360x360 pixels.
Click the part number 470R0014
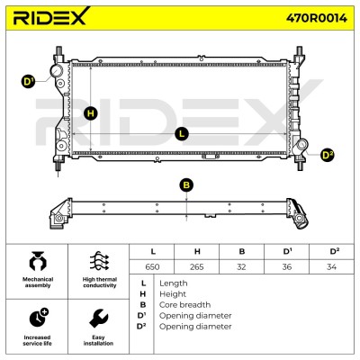point(317,18)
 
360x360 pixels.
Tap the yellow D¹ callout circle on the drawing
point(29,82)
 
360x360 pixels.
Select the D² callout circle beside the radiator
point(327,155)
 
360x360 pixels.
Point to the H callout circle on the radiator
point(91,113)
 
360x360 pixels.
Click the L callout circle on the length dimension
point(182,134)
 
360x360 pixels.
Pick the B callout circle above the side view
point(186,185)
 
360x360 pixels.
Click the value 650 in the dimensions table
point(152,266)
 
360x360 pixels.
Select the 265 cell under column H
point(197,266)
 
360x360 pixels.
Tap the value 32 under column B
point(241,266)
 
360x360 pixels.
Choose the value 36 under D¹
point(287,266)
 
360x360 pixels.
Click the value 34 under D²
point(331,266)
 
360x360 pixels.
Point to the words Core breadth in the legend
point(184,305)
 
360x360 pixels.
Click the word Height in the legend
point(173,294)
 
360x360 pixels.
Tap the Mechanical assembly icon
point(38,261)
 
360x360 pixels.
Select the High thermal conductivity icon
point(99,261)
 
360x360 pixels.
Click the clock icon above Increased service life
point(39,317)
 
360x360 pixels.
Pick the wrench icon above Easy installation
point(99,319)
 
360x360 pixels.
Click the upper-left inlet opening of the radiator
point(57,71)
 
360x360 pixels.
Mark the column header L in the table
point(153,251)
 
